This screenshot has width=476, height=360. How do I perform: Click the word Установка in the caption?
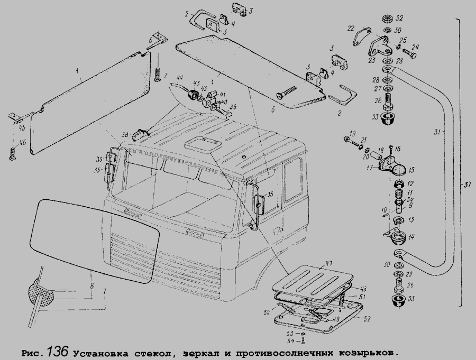(99, 353)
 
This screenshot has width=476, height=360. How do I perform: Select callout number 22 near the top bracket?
(351, 28)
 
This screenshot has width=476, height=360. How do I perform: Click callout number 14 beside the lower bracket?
(411, 237)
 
